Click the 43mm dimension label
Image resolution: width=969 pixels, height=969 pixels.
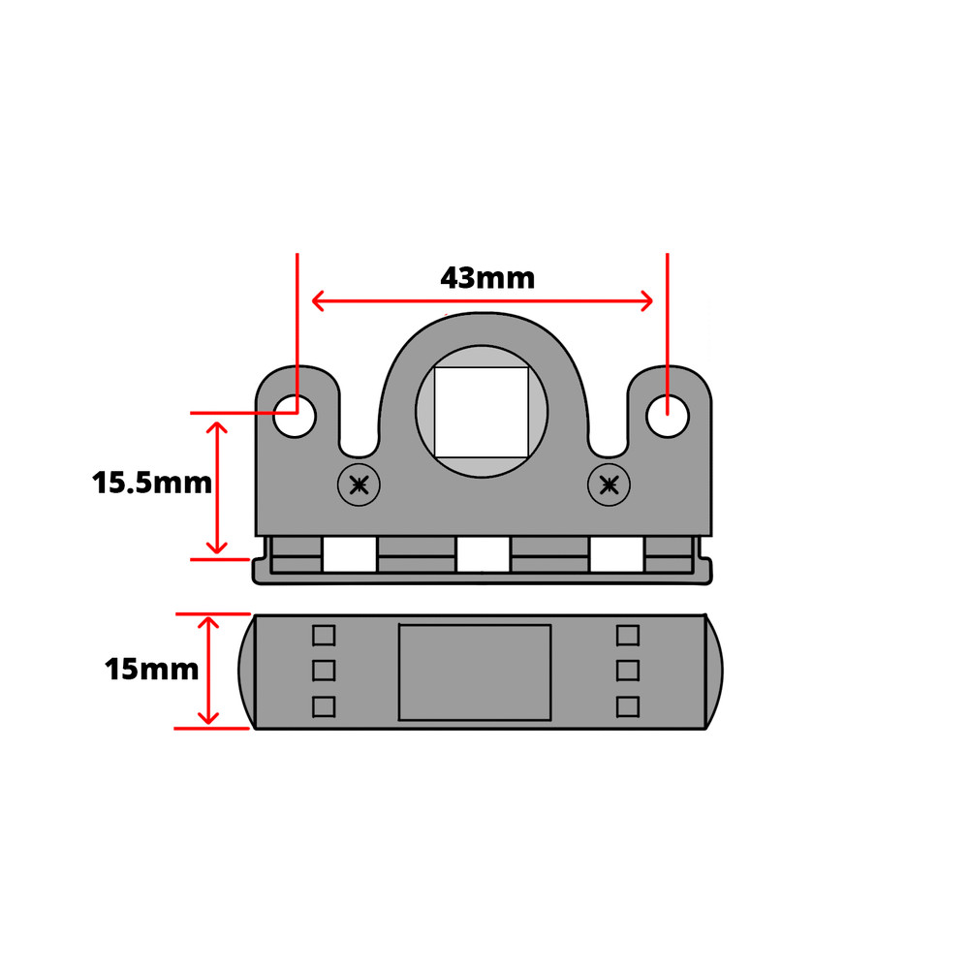487,278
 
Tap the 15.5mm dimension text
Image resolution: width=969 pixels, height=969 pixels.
152,482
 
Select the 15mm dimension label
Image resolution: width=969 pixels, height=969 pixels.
152,669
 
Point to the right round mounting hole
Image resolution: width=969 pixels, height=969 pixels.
668,416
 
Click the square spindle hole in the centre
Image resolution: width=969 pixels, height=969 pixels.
481,412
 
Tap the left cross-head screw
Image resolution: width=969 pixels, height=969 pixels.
359,484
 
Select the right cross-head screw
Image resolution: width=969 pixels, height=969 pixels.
610,484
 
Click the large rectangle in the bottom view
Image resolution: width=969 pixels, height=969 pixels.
475,672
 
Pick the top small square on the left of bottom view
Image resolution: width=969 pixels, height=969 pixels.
324,636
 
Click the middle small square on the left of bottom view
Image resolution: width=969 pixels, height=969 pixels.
324,671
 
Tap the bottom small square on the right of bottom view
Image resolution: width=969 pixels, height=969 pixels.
628,706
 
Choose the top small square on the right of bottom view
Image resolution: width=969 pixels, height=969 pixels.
628,636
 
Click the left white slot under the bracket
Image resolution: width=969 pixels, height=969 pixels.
349,555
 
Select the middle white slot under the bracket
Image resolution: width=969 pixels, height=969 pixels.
483,555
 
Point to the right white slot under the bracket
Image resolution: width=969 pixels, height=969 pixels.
616,555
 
